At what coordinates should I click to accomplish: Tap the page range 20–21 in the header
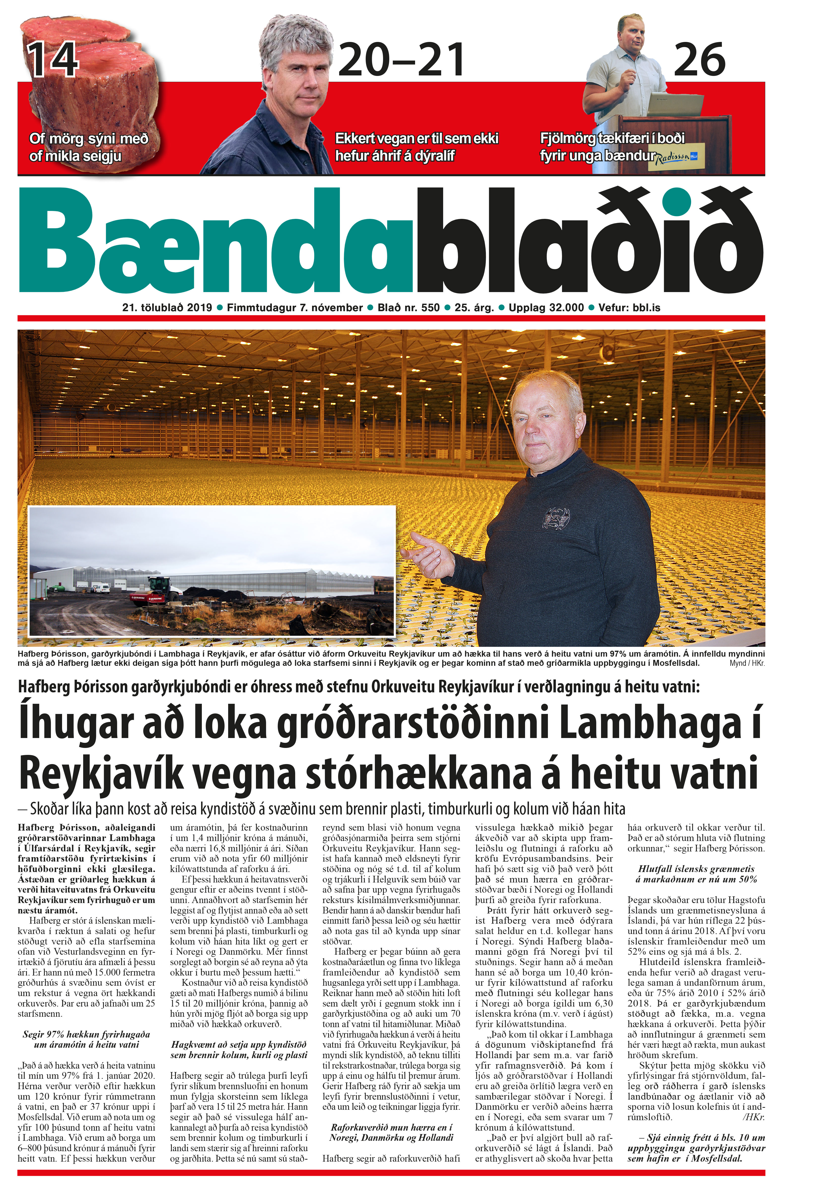pos(401,60)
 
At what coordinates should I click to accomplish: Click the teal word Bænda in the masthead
pos(215,241)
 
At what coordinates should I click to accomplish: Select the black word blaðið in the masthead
pos(589,241)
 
